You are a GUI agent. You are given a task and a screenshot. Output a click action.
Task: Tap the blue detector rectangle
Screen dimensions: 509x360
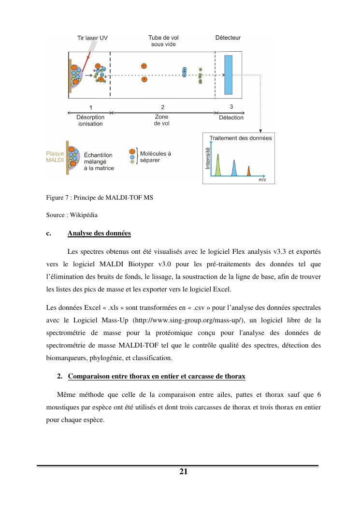coord(229,74)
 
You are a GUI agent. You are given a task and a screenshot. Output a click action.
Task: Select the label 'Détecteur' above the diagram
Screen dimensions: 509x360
coord(228,38)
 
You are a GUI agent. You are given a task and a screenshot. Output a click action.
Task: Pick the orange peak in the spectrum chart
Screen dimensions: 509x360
coord(249,171)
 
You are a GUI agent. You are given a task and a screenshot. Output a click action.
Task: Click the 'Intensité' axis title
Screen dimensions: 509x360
coord(208,158)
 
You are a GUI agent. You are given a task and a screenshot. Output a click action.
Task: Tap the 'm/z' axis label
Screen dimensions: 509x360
coord(262,179)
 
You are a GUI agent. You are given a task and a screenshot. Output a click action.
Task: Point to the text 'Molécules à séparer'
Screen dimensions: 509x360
coord(155,157)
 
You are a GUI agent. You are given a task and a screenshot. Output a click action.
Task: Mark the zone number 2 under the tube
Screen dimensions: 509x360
coord(162,107)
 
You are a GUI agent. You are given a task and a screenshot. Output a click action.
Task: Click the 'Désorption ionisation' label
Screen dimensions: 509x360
coord(90,120)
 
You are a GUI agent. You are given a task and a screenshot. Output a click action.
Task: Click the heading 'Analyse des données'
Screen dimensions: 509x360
coord(99,233)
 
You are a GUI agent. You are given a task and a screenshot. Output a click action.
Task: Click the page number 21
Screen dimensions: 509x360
coord(183,472)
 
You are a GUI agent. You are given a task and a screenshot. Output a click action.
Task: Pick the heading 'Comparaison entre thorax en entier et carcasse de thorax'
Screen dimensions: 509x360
coord(157,377)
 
